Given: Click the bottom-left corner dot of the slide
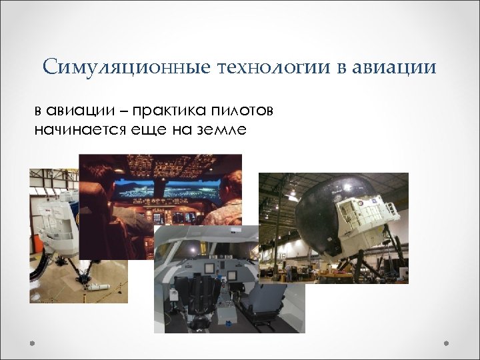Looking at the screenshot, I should pos(31,344).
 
